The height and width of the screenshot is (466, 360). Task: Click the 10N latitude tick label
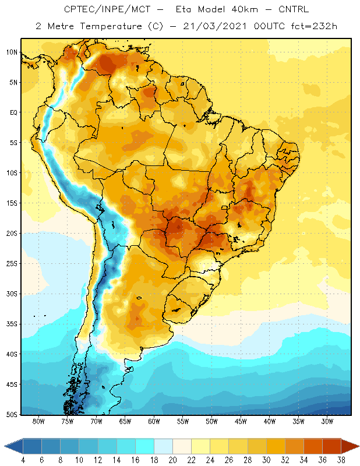[x=12, y=52]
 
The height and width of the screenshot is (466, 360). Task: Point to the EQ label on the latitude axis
[x=13, y=112]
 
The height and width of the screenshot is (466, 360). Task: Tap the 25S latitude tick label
[x=12, y=264]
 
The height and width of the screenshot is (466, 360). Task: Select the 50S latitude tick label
[x=12, y=414]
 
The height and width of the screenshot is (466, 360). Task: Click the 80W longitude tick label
[x=38, y=421]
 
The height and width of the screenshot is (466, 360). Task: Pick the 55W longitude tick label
[x=183, y=421]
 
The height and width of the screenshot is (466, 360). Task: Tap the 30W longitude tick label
[x=327, y=421]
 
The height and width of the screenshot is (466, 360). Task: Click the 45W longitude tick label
[x=241, y=421]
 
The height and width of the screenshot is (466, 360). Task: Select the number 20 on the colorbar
[x=172, y=460]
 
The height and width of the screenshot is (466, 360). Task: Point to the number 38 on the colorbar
[x=341, y=460]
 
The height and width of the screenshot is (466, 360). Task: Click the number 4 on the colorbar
[x=23, y=460]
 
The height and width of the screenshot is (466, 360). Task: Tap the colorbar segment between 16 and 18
[x=145, y=446]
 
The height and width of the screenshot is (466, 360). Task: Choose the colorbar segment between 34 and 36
[x=313, y=446]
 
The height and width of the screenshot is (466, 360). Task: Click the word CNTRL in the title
[x=294, y=9]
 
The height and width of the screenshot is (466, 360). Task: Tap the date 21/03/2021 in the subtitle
[x=215, y=26]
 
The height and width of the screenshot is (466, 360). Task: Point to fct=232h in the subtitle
[x=314, y=26]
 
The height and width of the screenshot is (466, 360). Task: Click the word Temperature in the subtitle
[x=111, y=26]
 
